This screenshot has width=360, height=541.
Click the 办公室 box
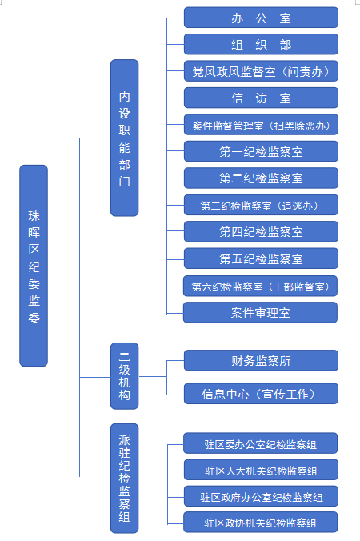[x=261, y=18]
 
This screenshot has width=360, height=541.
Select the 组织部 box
[x=261, y=44]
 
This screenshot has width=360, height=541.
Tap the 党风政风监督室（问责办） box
[x=261, y=71]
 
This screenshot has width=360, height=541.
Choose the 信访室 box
[x=261, y=98]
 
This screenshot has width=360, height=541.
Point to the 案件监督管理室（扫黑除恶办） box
[x=261, y=125]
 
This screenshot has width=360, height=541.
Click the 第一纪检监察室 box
[x=261, y=151]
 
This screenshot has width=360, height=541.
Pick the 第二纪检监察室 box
[x=261, y=178]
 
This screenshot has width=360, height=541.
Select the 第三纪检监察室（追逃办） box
[x=261, y=205]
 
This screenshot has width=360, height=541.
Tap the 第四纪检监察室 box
[x=261, y=231]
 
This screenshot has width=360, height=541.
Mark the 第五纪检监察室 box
[x=261, y=258]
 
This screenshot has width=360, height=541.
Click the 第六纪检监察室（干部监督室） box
[x=260, y=286]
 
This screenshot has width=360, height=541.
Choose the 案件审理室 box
[x=260, y=313]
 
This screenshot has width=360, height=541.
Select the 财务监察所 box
[x=261, y=361]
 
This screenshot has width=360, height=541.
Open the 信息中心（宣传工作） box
[x=261, y=393]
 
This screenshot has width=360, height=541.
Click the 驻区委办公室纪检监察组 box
[x=260, y=443]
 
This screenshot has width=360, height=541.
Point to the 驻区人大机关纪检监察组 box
[x=261, y=470]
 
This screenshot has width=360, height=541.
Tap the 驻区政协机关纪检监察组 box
[x=260, y=522]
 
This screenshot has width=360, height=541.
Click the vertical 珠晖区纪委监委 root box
[x=34, y=266]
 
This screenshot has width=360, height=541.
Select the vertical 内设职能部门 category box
[x=125, y=138]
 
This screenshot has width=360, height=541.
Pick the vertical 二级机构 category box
[x=125, y=376]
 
